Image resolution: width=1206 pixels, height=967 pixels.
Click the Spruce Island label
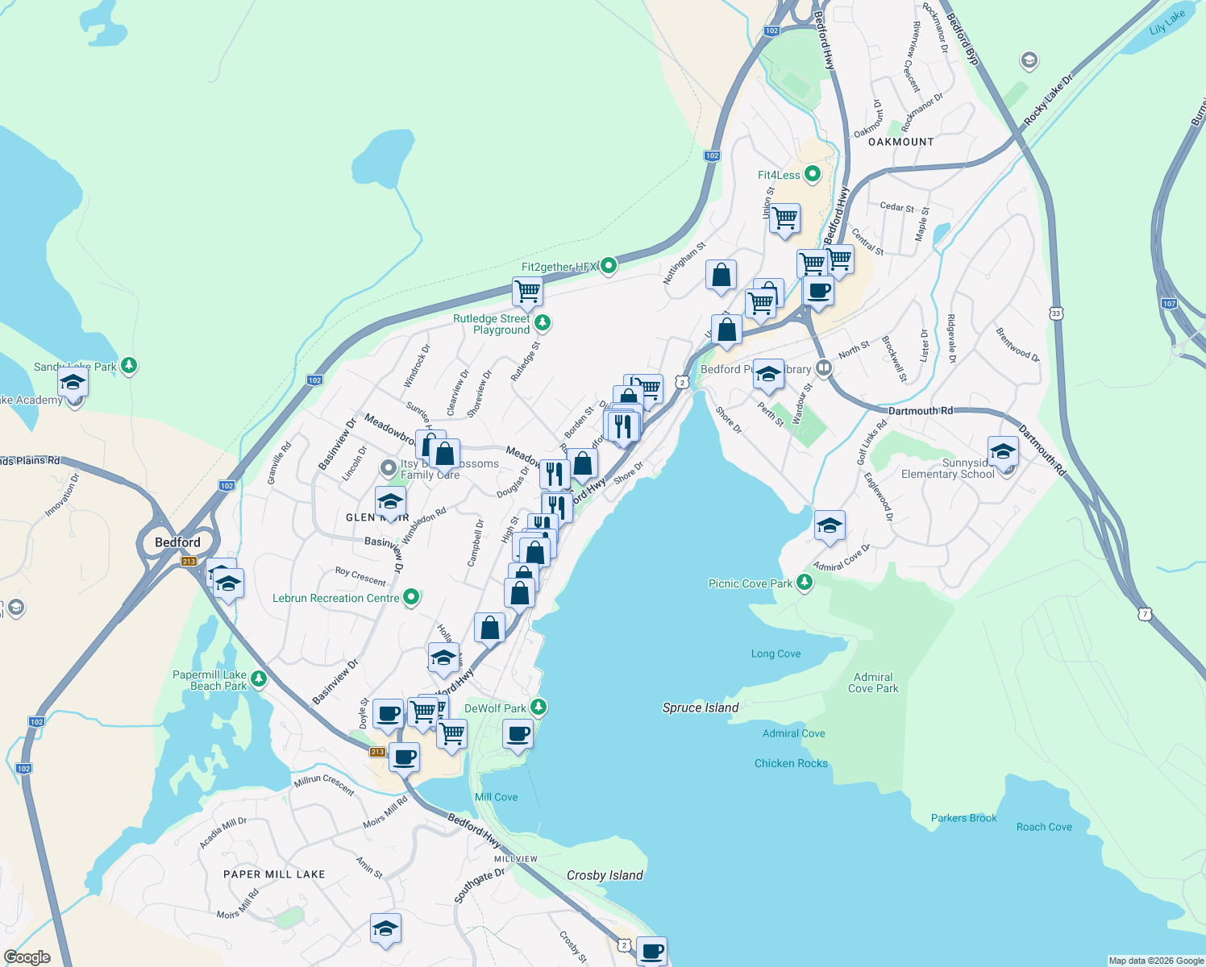[700, 708]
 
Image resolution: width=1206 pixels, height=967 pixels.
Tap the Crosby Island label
[605, 875]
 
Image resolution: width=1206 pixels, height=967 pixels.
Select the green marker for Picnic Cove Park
[804, 582]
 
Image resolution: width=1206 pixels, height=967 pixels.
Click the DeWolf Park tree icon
[539, 708]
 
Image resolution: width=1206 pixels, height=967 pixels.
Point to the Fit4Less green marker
[813, 173]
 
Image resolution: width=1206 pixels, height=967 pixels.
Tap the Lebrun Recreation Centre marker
[411, 597]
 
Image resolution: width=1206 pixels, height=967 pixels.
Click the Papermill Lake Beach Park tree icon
[258, 679]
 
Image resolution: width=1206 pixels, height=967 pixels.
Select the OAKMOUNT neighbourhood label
[900, 142]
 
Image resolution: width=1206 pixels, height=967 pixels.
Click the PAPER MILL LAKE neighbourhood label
[274, 874]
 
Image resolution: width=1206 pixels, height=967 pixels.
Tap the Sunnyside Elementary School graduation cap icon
[1003, 451]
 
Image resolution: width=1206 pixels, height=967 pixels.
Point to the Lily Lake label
[1166, 23]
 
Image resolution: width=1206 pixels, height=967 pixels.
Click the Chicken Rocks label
[791, 763]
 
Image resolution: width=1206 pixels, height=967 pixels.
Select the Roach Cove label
[1044, 827]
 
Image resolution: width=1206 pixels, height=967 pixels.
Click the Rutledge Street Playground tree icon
[543, 323]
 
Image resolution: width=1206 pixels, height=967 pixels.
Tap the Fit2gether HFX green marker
[609, 264]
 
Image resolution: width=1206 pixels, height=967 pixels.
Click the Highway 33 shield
[1056, 313]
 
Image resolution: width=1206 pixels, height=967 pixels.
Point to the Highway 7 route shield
[1145, 614]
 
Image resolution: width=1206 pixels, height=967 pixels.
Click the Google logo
[27, 957]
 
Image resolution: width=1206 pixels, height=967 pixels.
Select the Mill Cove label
[496, 797]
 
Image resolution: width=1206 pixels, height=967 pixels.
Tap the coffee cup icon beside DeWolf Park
[518, 734]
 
